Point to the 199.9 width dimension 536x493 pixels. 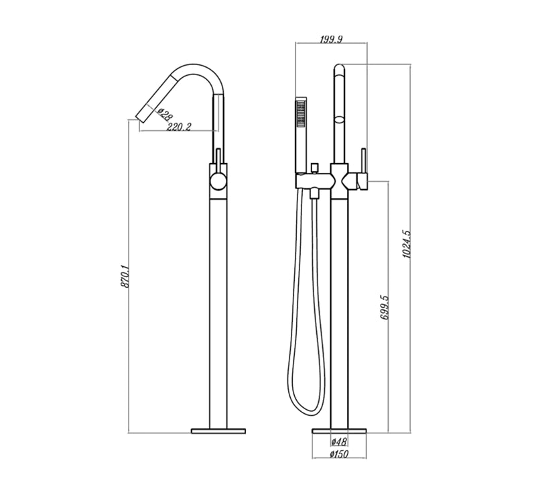pyautogui.click(x=331, y=40)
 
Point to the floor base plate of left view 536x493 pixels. pyautogui.click(x=220, y=428)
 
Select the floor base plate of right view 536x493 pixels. pyautogui.click(x=340, y=428)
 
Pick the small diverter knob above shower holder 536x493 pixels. pyautogui.click(x=314, y=166)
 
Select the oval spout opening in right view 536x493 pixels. pyautogui.click(x=340, y=121)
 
